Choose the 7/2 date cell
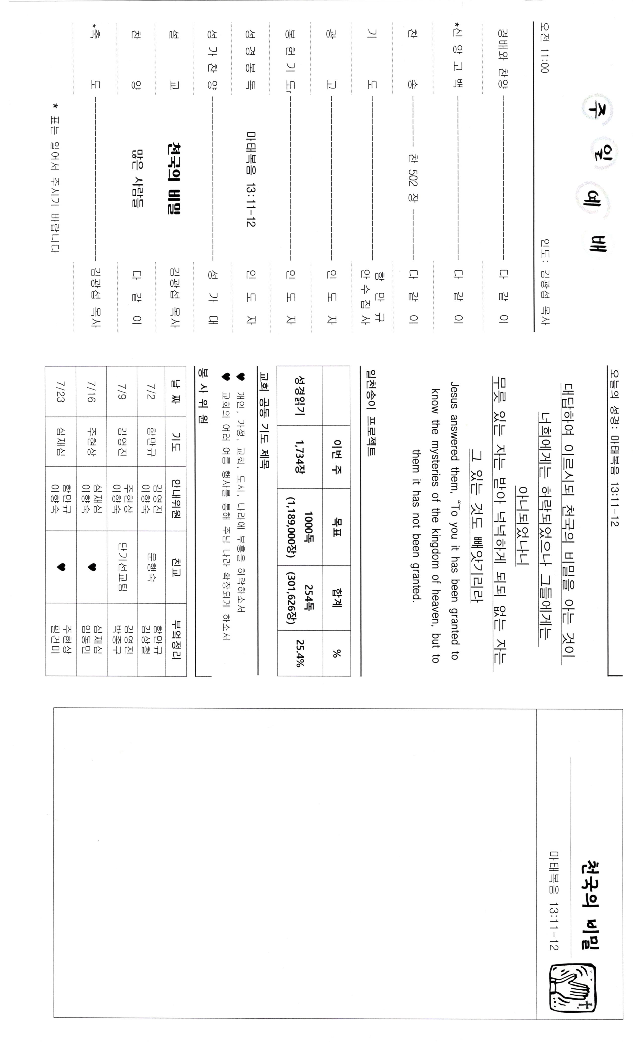(151, 391)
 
